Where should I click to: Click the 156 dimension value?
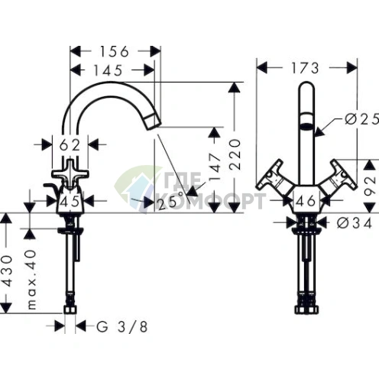point(115,52)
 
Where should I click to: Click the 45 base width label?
point(70,202)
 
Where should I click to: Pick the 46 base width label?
point(306,202)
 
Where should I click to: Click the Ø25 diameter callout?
point(359,119)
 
